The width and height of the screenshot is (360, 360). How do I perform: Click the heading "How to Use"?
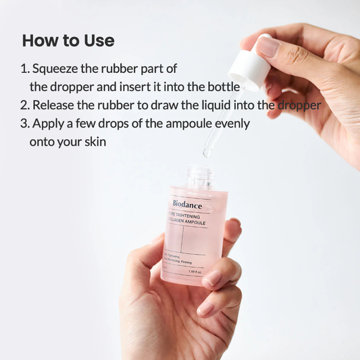[68, 41]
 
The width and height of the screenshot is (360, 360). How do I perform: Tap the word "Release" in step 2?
[55, 105]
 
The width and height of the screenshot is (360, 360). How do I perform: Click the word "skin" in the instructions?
[94, 143]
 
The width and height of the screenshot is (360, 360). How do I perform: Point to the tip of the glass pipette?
[206, 154]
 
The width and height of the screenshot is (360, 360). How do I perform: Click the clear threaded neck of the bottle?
[199, 177]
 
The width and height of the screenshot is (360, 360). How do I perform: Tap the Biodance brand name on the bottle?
[186, 203]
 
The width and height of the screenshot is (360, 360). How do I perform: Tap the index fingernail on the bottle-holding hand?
[213, 278]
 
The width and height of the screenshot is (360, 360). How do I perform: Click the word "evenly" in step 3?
[234, 124]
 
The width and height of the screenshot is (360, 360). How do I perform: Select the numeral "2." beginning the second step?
[26, 105]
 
